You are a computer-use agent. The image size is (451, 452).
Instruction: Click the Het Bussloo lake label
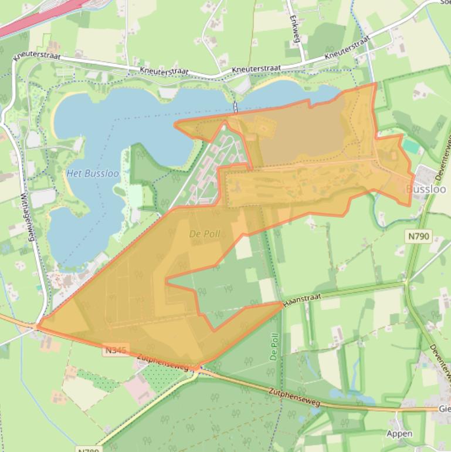point(93,174)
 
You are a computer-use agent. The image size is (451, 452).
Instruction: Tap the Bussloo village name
point(426,190)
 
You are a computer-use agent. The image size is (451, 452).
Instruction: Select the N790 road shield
point(418,237)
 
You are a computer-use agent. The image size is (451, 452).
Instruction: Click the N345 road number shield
point(116,350)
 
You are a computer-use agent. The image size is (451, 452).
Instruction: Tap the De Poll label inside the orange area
point(205,234)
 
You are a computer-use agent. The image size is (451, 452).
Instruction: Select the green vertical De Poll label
point(274,347)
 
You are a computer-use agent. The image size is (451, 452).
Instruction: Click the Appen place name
point(399,434)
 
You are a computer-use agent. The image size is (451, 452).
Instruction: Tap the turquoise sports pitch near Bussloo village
point(412,146)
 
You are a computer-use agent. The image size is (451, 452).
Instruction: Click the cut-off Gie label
point(445,409)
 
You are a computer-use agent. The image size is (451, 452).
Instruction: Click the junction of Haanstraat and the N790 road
point(405,284)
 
